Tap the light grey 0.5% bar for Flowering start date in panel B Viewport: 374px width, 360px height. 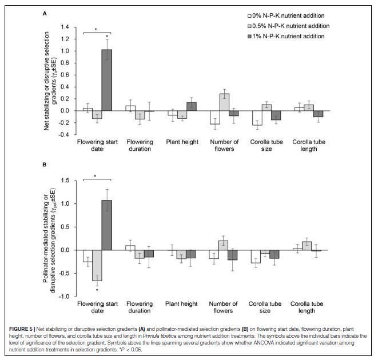tap(97, 265)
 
